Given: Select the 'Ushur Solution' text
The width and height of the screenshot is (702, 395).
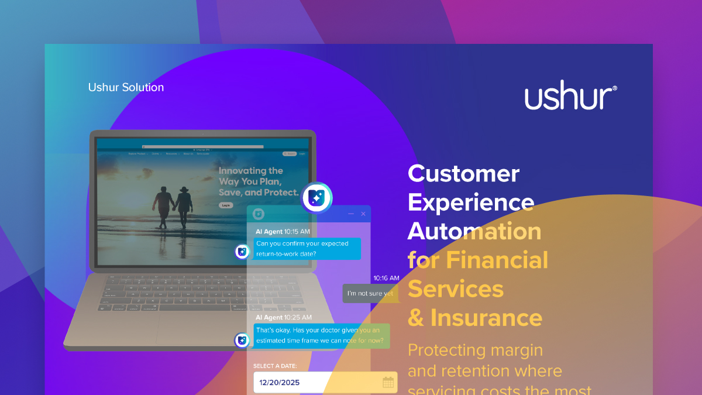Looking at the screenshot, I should point(126,87).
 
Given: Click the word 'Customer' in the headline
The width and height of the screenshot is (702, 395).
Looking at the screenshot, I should point(463,173).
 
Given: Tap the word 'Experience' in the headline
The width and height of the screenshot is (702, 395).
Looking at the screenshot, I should point(470,202).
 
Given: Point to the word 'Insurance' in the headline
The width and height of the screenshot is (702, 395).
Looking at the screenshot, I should point(486,318).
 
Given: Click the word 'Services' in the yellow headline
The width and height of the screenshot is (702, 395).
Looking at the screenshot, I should point(455,288).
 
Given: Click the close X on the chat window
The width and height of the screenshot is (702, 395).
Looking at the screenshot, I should point(363,214).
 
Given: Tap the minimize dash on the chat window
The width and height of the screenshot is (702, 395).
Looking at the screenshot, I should point(351,214).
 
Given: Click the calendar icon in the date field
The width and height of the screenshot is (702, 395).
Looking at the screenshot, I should point(388,383).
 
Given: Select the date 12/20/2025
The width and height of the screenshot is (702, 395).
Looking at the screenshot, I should point(280,383).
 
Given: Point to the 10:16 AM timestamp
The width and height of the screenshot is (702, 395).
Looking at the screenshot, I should point(386,278).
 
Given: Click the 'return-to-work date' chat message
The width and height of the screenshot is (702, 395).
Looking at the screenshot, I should point(308,249).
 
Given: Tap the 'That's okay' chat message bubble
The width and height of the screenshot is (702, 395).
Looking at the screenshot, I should point(322,335).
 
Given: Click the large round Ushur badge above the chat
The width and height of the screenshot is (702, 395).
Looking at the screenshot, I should point(316,198).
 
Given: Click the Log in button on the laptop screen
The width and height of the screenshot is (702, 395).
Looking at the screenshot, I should point(225,205).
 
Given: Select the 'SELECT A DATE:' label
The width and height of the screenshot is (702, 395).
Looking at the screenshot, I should point(275,366).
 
